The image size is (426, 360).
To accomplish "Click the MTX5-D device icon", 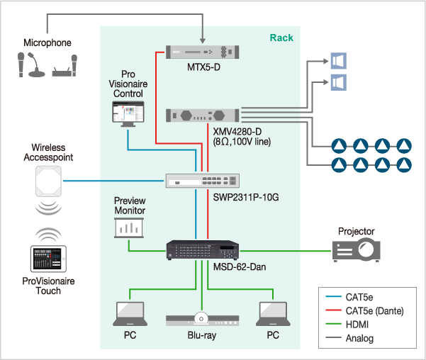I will click(x=202, y=52).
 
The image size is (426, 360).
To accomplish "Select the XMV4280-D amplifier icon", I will click(x=202, y=116).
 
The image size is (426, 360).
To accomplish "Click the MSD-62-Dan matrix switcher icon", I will click(x=202, y=249).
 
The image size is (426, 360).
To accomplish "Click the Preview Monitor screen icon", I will click(x=129, y=227).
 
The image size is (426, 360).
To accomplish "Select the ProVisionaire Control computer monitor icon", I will click(x=128, y=113).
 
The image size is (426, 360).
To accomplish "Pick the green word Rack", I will click(x=281, y=37).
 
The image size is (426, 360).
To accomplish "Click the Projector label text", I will click(x=356, y=231).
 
